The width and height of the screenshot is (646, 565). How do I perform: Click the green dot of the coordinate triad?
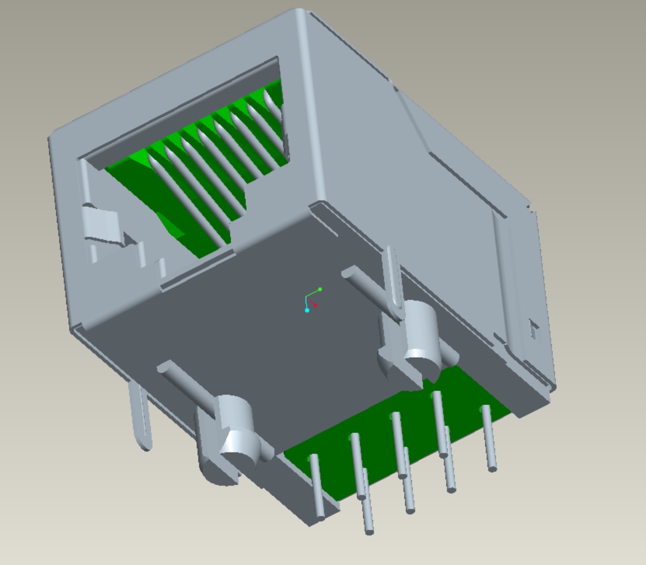tap(320, 289)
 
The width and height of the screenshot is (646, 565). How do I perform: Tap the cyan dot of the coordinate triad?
tap(307, 310)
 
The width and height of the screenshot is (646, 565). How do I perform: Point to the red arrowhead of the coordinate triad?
tap(315, 305)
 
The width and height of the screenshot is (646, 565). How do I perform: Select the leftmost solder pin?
tap(317, 487)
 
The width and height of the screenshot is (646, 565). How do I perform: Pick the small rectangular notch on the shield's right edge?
tap(533, 329)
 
